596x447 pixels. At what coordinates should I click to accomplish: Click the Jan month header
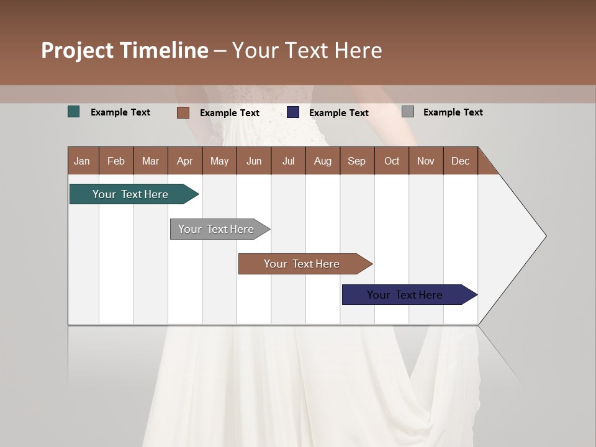click(82, 161)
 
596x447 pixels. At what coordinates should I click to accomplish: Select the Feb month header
click(116, 161)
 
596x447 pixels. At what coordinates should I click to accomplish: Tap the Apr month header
click(184, 161)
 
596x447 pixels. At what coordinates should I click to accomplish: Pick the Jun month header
click(254, 161)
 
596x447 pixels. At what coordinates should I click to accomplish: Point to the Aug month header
click(322, 161)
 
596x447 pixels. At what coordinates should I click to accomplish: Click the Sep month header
click(356, 161)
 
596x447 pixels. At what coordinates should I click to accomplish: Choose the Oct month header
click(392, 161)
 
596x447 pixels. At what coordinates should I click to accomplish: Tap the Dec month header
click(460, 161)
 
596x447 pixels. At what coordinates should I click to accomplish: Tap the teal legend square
click(74, 112)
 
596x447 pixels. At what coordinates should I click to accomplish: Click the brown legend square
click(183, 112)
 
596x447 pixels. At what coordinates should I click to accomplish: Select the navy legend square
click(293, 112)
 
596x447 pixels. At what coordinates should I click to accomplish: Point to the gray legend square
click(407, 112)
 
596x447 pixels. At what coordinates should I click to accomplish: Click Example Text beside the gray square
click(453, 112)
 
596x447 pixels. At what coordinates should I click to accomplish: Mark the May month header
click(219, 161)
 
